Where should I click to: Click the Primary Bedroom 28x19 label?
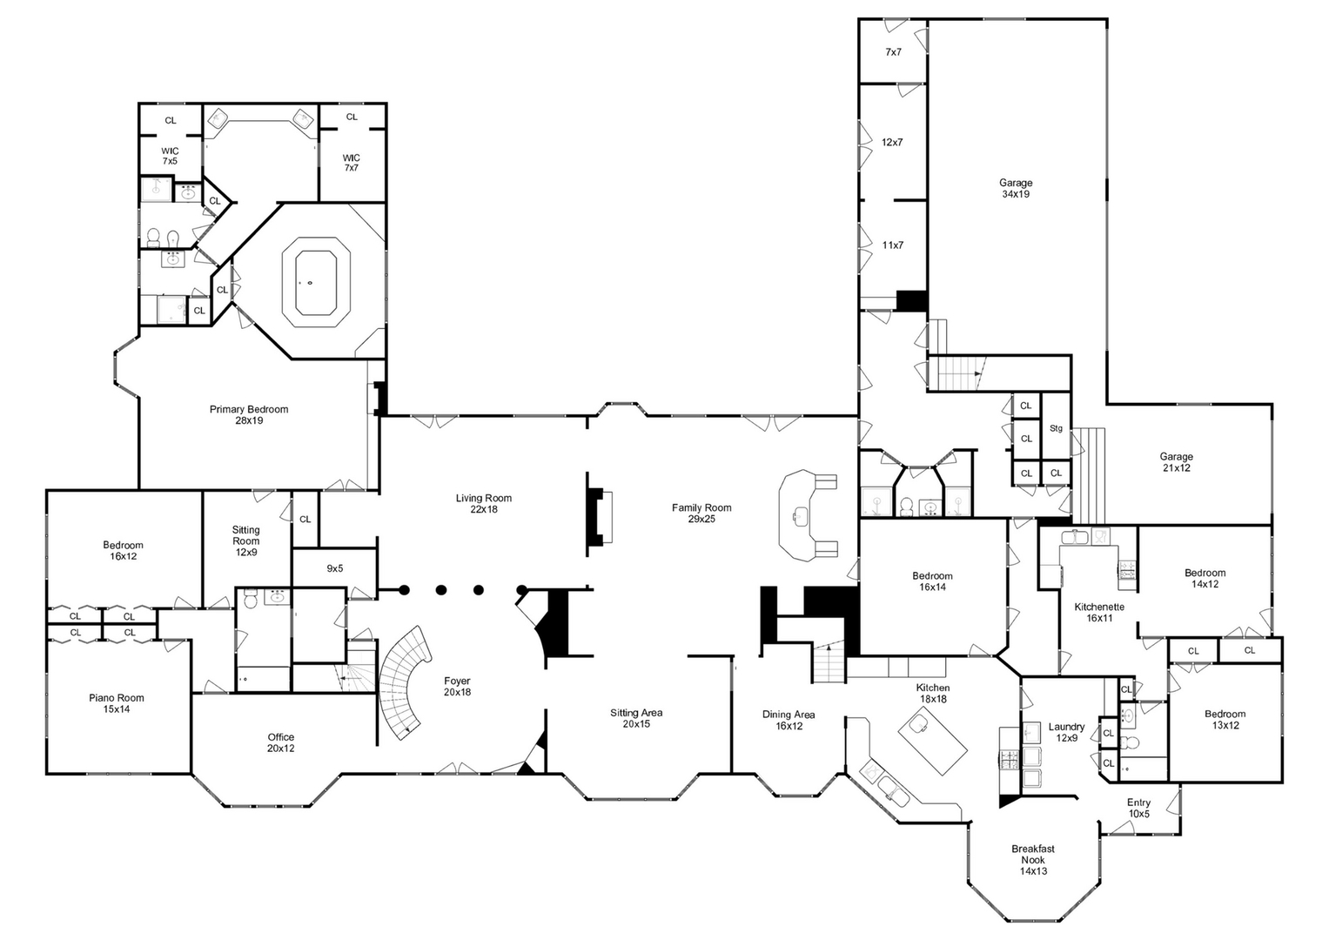(x=248, y=415)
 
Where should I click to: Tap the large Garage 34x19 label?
(x=1015, y=189)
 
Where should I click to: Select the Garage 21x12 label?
(x=1175, y=462)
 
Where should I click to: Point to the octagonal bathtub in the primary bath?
(x=315, y=283)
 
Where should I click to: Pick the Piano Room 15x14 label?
(x=117, y=703)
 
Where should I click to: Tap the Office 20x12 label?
(x=280, y=742)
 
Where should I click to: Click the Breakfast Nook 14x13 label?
(x=1033, y=859)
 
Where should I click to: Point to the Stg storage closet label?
(x=1056, y=428)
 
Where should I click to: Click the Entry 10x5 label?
(x=1138, y=809)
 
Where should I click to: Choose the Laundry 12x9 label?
(x=1066, y=732)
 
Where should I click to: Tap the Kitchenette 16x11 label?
(x=1099, y=613)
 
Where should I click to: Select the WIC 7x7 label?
(x=351, y=163)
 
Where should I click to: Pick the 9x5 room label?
(x=334, y=568)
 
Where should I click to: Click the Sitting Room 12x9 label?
(x=245, y=540)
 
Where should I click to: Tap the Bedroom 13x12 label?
(x=1225, y=720)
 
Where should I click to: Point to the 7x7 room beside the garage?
(x=893, y=52)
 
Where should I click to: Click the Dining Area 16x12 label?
(x=789, y=720)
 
